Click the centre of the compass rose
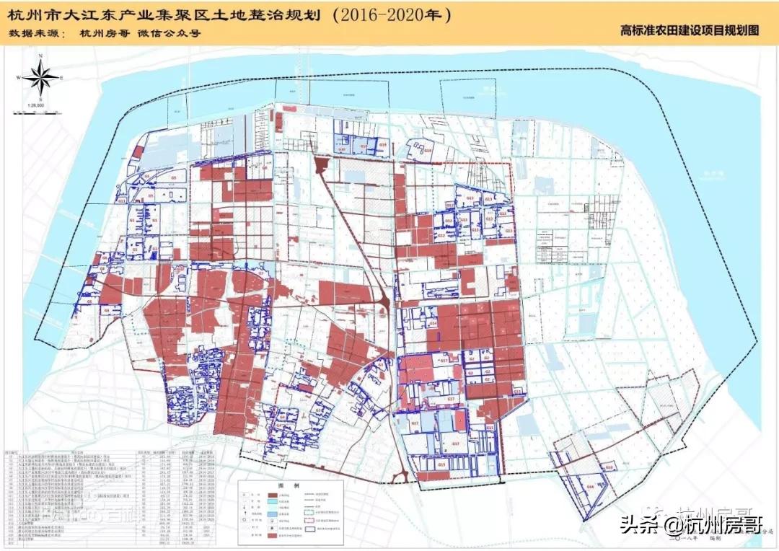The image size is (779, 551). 42,76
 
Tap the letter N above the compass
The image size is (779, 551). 42,56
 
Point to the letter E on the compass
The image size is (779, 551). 63,77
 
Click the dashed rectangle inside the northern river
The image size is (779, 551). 469,97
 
